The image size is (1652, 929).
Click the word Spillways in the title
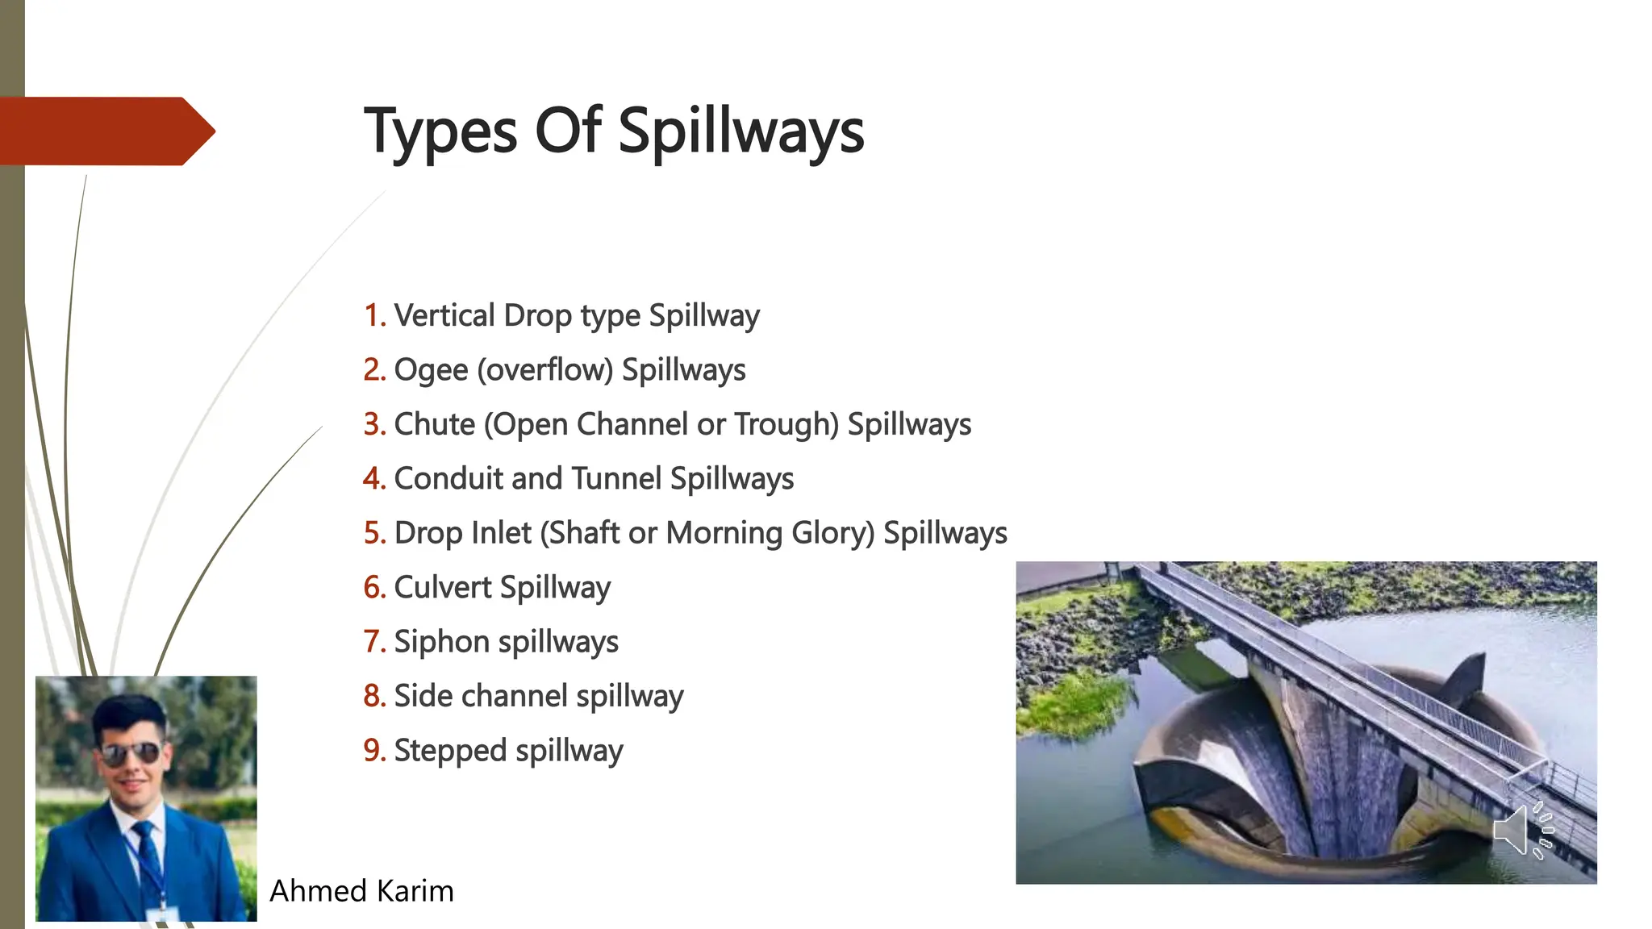point(740,131)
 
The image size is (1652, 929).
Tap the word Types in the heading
point(440,131)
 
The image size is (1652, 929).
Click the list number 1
point(373,315)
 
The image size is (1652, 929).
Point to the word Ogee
point(431,370)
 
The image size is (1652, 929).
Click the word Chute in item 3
point(434,424)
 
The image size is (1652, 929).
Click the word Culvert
point(442,587)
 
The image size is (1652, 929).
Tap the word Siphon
point(441,642)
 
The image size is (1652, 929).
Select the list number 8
point(373,696)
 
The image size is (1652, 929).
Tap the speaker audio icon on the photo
point(1521,830)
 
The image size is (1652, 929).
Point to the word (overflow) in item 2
point(545,370)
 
